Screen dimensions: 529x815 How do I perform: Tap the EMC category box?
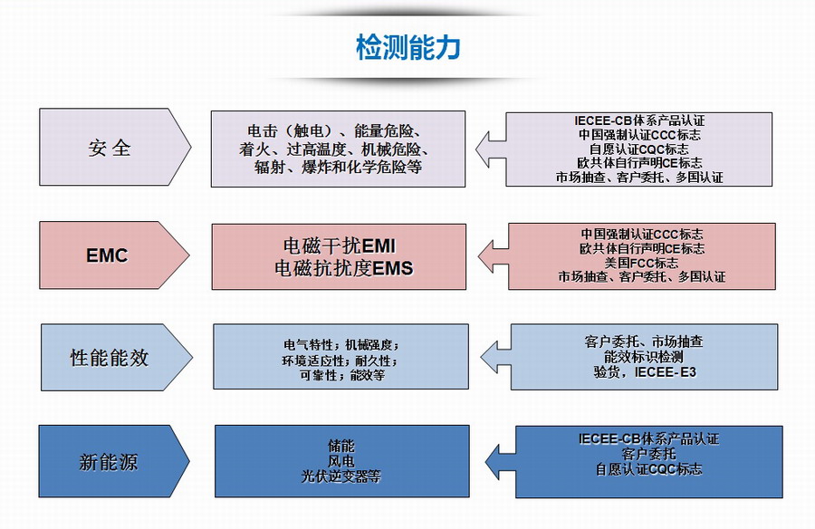point(109,255)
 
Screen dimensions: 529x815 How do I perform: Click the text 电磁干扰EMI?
point(340,246)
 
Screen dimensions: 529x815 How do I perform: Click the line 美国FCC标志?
point(641,262)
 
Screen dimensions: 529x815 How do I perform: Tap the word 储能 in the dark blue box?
point(340,446)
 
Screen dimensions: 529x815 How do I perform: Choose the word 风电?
point(340,461)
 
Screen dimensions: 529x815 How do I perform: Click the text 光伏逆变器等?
point(340,476)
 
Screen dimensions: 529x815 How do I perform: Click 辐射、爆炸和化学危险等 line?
point(339,168)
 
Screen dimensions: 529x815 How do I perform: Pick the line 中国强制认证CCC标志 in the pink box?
point(641,233)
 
